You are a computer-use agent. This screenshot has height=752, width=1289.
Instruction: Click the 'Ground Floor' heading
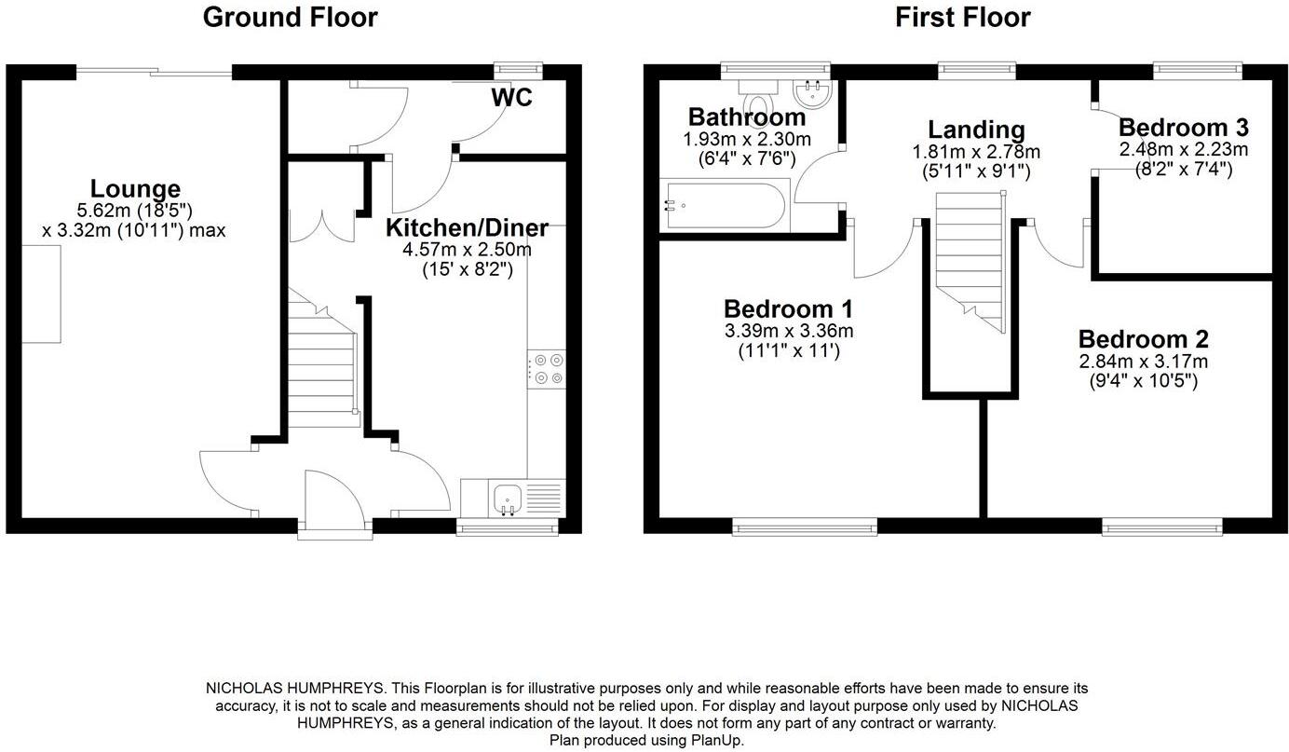click(x=290, y=17)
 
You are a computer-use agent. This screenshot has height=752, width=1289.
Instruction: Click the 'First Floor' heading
click(x=962, y=17)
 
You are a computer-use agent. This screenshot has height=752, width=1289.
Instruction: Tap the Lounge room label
click(x=135, y=189)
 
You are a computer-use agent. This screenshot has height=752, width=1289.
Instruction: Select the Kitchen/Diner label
click(x=467, y=227)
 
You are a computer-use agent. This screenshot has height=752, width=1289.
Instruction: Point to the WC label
click(x=511, y=98)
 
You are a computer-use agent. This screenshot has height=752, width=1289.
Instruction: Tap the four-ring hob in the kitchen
click(x=546, y=369)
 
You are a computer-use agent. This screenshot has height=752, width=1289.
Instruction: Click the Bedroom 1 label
click(x=788, y=308)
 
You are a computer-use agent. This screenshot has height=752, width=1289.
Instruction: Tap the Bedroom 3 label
click(x=1183, y=128)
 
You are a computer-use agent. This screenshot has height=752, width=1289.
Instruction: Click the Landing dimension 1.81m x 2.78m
click(x=975, y=152)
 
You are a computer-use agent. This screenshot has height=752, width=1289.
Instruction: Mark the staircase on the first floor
click(x=970, y=261)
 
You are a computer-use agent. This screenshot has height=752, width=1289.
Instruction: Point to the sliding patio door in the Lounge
click(x=154, y=72)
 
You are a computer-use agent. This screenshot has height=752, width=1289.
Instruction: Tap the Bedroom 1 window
click(x=805, y=527)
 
